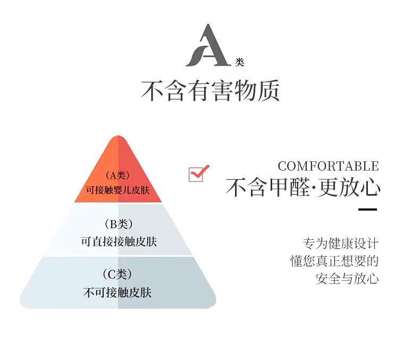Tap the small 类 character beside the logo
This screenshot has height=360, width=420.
[x=239, y=62]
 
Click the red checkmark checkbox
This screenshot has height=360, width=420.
[x=198, y=173]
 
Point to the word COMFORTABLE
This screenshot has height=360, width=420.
[x=328, y=166]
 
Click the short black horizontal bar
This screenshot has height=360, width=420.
[x=367, y=209]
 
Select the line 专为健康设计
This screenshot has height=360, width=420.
[x=341, y=244]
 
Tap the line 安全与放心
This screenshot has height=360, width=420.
[x=347, y=278]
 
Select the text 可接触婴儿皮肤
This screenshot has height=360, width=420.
[x=119, y=189]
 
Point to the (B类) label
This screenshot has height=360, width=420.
[x=118, y=224]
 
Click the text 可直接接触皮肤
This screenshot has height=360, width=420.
[x=119, y=241]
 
